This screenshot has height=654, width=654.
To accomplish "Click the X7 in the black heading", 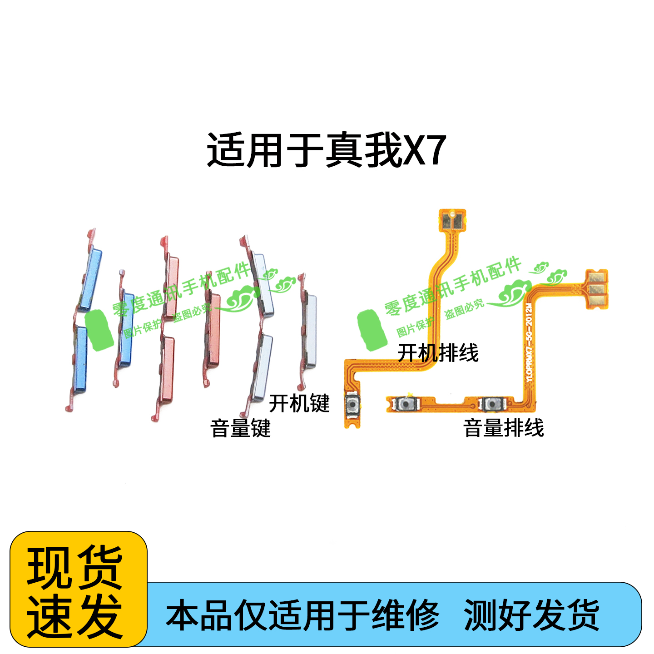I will tap(424, 150).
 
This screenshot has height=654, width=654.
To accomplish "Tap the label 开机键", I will tap(299, 403).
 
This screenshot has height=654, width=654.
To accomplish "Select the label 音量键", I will tap(240, 428).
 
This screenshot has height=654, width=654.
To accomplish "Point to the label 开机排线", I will tap(438, 353).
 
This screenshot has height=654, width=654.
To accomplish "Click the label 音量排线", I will tap(503, 428).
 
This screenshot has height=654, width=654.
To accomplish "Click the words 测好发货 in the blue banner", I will tap(531, 615).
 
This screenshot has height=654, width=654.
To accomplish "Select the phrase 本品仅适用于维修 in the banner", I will tap(302, 615).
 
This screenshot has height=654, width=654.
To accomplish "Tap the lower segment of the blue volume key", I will tap(81, 359).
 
